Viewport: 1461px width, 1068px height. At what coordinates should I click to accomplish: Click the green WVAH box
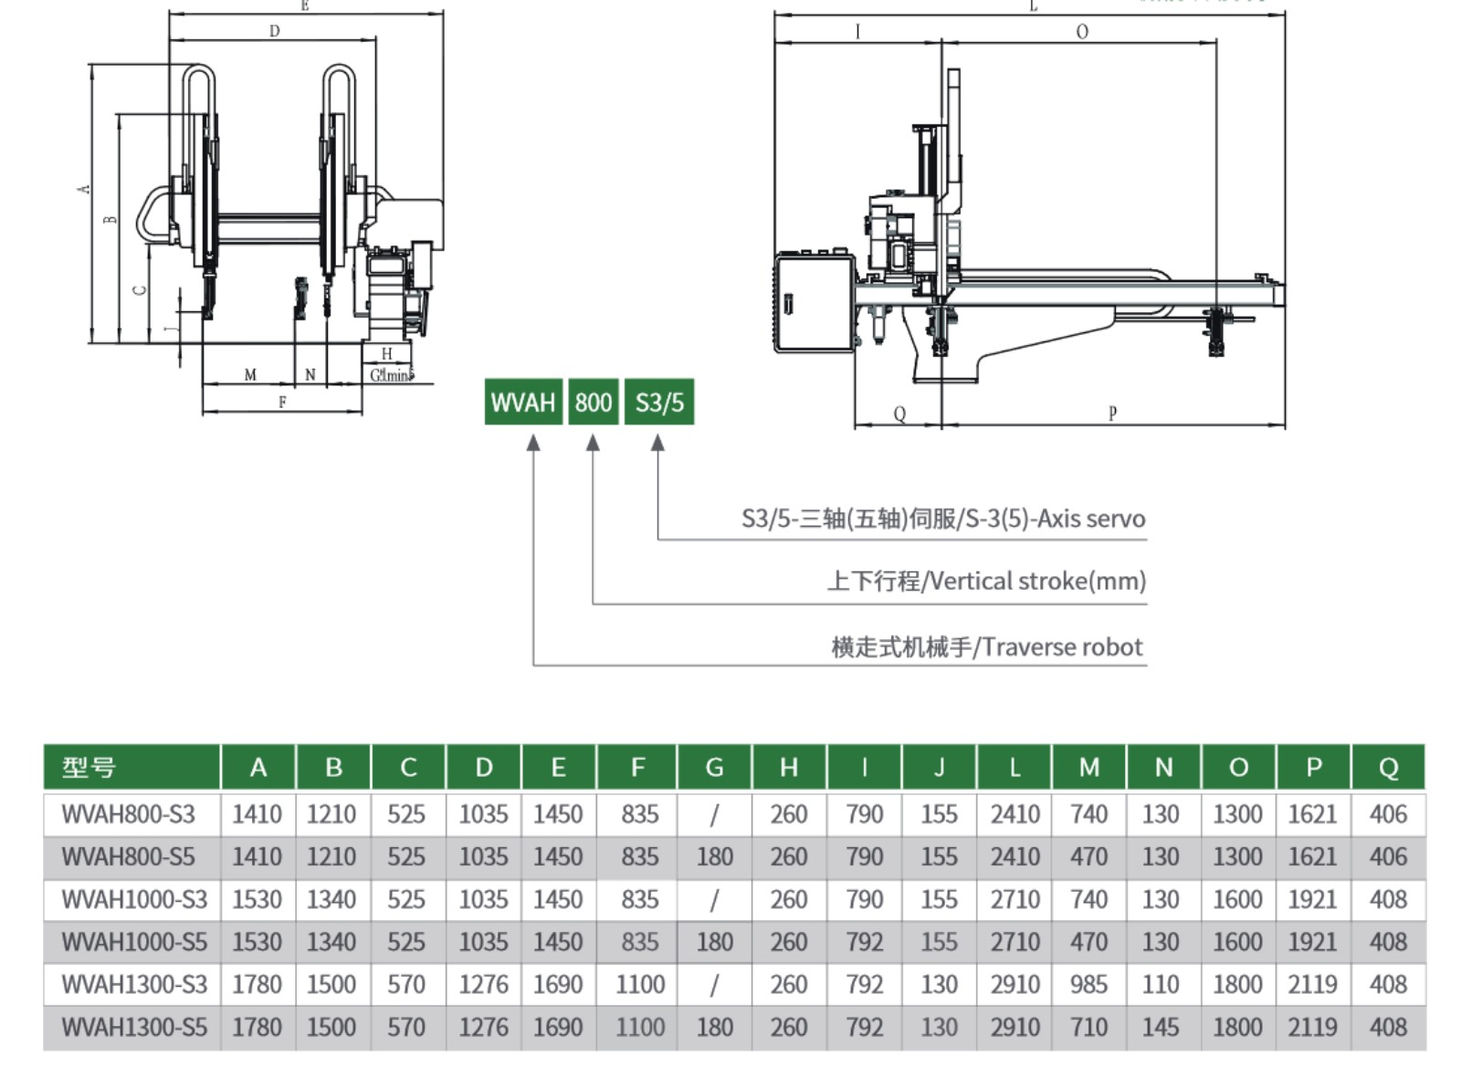coord(522,403)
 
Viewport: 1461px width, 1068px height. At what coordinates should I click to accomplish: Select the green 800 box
coord(594,403)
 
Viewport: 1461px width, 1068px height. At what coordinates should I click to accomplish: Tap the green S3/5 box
coord(659,403)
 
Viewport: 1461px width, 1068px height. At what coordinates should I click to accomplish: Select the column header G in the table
coord(714,767)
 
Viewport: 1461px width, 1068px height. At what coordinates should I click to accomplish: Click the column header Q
coord(1388,767)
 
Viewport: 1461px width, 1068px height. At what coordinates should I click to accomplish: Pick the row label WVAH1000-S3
coord(134,900)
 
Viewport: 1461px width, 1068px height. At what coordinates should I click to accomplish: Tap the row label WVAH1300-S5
coord(134,1028)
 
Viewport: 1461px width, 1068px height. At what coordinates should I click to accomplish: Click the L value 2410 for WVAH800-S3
coord(1014,814)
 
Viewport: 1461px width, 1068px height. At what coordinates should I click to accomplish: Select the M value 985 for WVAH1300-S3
coord(1088,985)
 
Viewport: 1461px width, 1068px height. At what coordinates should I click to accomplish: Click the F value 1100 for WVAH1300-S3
coord(639,985)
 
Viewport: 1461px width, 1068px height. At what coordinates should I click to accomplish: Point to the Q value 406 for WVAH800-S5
coord(1388,857)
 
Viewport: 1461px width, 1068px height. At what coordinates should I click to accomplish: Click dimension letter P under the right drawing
coord(1112,414)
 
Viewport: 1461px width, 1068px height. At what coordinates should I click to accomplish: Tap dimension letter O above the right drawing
coord(1082,32)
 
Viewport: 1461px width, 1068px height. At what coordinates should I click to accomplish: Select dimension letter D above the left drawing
coord(274,31)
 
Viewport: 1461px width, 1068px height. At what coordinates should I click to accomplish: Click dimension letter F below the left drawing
coord(282,403)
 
